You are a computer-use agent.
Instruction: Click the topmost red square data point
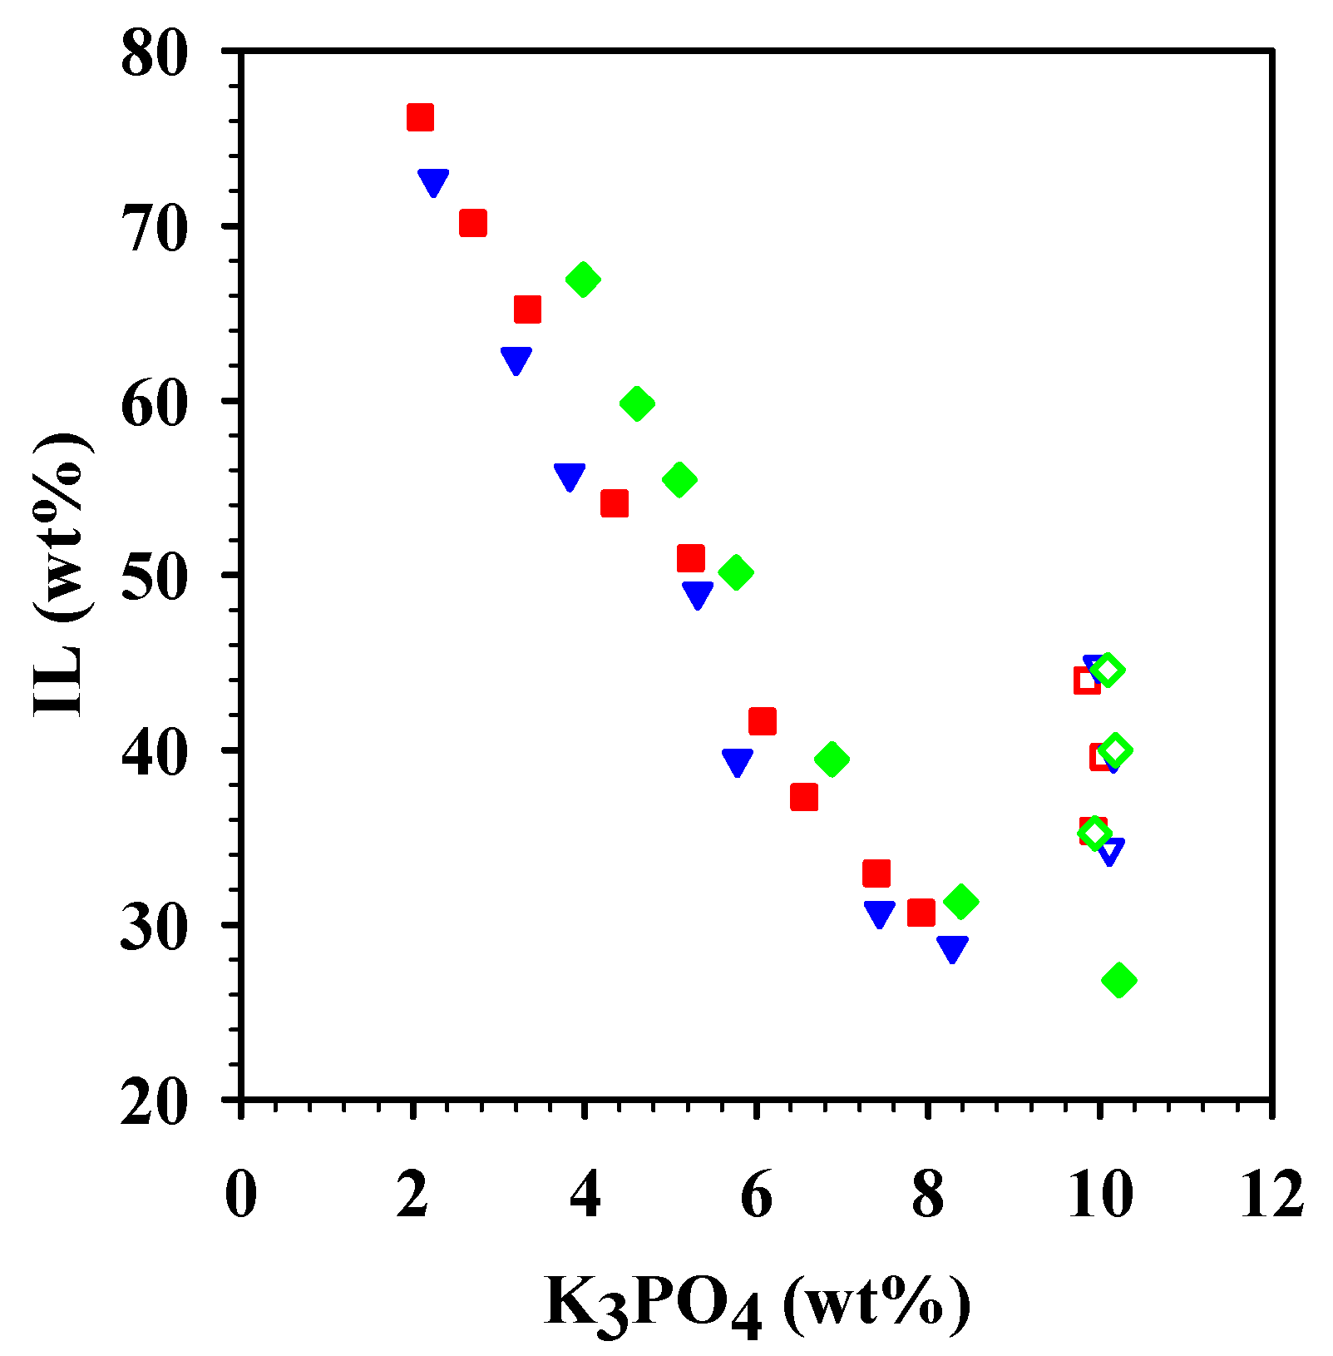[420, 117]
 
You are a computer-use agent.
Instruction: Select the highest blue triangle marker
[433, 182]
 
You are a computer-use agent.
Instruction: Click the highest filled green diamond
[583, 280]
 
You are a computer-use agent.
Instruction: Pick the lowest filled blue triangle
[952, 948]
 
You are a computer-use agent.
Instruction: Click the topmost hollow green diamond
[1107, 670]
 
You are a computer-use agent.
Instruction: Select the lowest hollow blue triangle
[1110, 850]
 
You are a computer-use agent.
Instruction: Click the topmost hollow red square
[1086, 681]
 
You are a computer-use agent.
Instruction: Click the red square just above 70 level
[472, 223]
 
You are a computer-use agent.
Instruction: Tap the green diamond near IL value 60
[637, 403]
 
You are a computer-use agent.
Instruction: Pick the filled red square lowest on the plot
[921, 913]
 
